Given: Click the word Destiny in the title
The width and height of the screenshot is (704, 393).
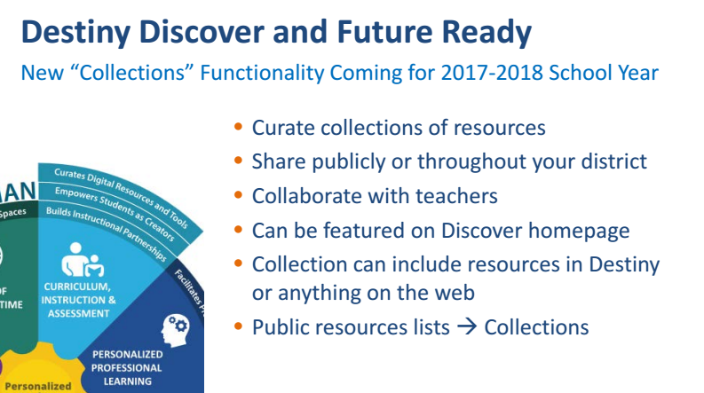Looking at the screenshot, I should (75, 33).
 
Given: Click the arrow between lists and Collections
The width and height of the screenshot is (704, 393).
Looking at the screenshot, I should (467, 327).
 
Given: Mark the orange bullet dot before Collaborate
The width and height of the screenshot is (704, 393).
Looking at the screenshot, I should (238, 195).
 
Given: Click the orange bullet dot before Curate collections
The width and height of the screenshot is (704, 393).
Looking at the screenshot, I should (238, 128).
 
